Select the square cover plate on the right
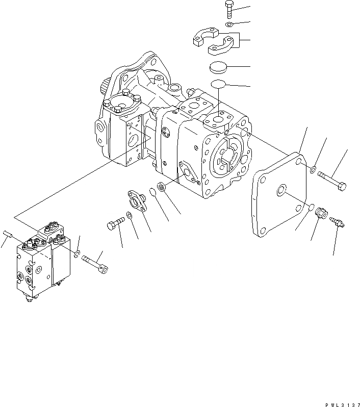pyautogui.click(x=279, y=197)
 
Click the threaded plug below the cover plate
pyautogui.click(x=321, y=214)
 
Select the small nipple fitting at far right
pyautogui.click(x=338, y=222)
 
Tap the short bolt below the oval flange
pyautogui.click(x=116, y=224)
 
